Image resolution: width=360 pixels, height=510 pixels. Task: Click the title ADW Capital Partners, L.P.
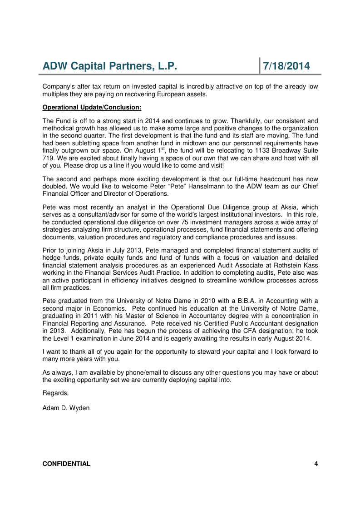[109, 66]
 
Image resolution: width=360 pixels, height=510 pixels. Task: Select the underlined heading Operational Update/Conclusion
[92, 108]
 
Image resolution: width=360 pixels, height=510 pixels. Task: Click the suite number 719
[48, 157]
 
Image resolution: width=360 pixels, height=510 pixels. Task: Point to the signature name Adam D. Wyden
[66, 408]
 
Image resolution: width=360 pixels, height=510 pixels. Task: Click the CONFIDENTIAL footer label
[66, 464]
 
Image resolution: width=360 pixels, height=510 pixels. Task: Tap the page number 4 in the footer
[316, 464]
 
